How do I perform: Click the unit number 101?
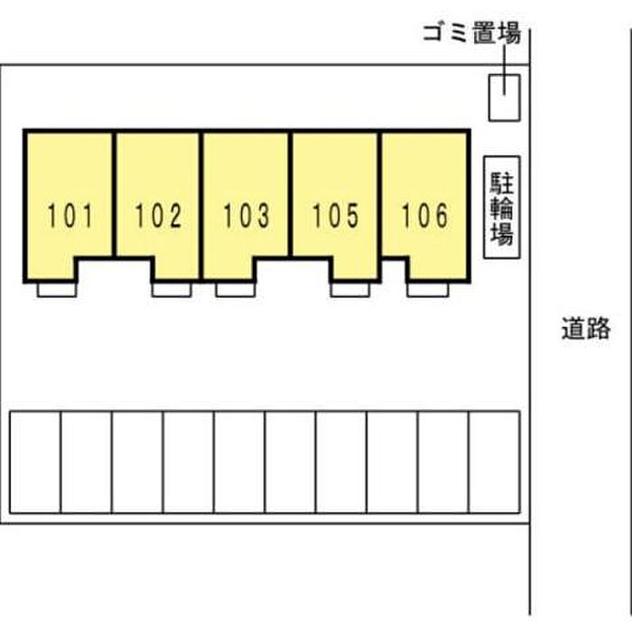coord(70,216)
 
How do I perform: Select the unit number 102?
coord(159,216)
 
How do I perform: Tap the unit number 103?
coord(246,216)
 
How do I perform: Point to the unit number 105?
coord(336,216)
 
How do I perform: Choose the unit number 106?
coord(424,216)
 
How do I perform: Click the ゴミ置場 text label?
coord(471,35)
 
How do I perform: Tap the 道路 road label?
coord(585,329)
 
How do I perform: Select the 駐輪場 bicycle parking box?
coord(502,209)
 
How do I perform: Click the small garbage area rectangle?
coord(504,97)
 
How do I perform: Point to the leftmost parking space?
coord(34,462)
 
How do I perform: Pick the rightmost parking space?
coord(495,462)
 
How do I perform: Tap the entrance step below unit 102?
coord(171,289)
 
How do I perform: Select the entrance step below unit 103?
coord(235,289)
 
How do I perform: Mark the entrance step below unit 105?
coord(349,289)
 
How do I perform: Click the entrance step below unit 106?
coord(426,289)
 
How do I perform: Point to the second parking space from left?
coord(86,462)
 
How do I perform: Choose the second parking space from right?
coord(443,462)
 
